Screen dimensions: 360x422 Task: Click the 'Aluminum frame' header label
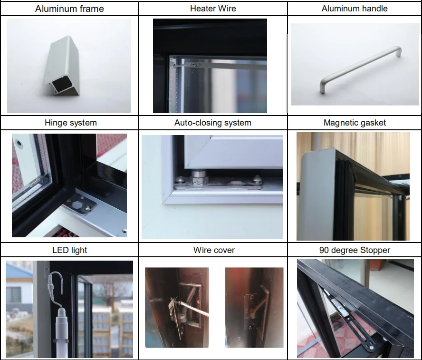coord(69,9)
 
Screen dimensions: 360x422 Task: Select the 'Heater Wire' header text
coord(212,9)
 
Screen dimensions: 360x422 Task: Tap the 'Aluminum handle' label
coord(355,9)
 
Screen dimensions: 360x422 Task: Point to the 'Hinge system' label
coord(70,123)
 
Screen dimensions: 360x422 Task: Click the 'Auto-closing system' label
coord(212,123)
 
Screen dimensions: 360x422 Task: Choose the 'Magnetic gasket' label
coord(355,123)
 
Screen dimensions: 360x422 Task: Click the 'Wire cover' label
coord(214,250)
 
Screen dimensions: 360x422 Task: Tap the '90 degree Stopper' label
coord(355,250)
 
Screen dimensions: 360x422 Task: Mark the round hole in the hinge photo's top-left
coord(19,142)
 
